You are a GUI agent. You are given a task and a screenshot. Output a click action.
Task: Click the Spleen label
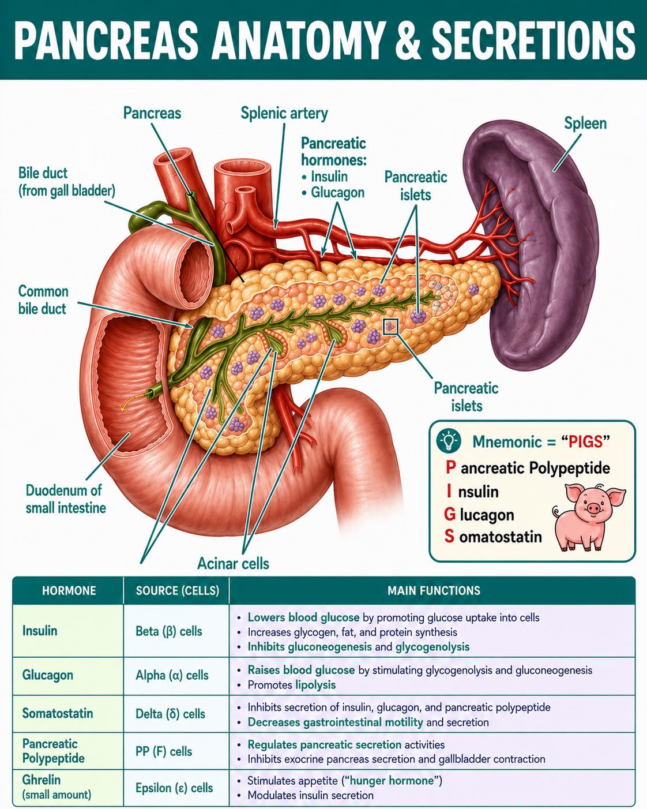tap(585, 123)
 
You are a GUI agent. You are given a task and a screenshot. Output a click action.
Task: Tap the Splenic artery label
tap(284, 113)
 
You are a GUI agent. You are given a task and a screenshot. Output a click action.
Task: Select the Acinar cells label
tap(233, 564)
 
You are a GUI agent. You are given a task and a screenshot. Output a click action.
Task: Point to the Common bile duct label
tap(43, 300)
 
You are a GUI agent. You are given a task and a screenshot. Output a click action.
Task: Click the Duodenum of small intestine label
tap(66, 499)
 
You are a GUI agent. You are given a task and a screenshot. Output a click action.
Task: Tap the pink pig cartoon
tap(589, 516)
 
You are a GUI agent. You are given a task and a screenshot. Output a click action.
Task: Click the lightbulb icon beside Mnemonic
tap(449, 441)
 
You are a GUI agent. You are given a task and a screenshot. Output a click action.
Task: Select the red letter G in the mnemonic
tap(449, 514)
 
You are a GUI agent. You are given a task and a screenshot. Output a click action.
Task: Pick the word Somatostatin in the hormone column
tap(58, 713)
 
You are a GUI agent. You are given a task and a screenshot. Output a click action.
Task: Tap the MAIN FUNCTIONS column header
tap(434, 590)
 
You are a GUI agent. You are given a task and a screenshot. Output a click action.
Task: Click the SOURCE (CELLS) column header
tap(178, 590)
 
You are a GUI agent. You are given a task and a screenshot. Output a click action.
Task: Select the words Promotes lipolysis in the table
tap(291, 685)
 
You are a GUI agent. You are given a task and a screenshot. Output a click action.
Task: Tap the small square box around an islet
tap(390, 326)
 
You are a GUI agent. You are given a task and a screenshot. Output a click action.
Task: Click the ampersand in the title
tap(408, 40)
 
